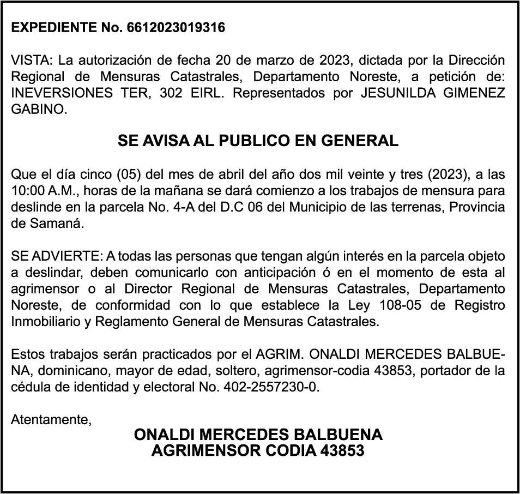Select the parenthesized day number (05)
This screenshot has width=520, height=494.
coord(127,175)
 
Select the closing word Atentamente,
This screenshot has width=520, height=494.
coord(51,420)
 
